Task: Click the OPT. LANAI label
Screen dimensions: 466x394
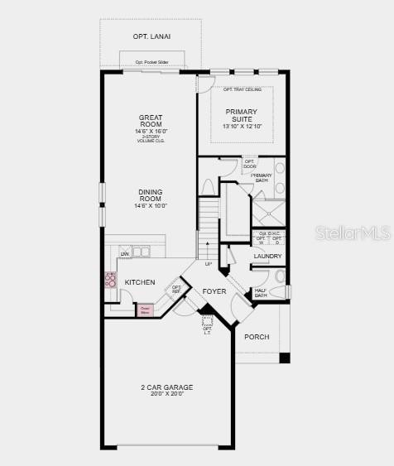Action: pyautogui.click(x=151, y=36)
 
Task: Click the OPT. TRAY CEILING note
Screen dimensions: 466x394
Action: pyautogui.click(x=242, y=89)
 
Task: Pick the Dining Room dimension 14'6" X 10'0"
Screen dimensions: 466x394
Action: pyautogui.click(x=151, y=205)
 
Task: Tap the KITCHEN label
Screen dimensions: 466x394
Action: pyautogui.click(x=139, y=282)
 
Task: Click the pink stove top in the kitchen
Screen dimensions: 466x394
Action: pyautogui.click(x=110, y=280)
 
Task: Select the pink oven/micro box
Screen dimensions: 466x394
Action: pyautogui.click(x=146, y=310)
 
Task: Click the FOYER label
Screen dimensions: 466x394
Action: pyautogui.click(x=214, y=291)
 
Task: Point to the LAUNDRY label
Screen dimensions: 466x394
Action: pyautogui.click(x=268, y=257)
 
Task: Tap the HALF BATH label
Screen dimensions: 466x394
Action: pyautogui.click(x=261, y=293)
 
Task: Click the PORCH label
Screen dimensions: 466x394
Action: pyautogui.click(x=257, y=337)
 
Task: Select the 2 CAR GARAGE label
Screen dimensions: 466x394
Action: pyautogui.click(x=166, y=387)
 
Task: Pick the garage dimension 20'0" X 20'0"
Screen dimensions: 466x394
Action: pyautogui.click(x=166, y=395)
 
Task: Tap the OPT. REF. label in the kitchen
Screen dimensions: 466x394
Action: pyautogui.click(x=176, y=290)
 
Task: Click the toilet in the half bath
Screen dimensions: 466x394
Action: pyautogui.click(x=279, y=277)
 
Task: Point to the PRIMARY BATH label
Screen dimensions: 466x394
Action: pyautogui.click(x=262, y=178)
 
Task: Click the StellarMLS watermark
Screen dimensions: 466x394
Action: pyautogui.click(x=353, y=233)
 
